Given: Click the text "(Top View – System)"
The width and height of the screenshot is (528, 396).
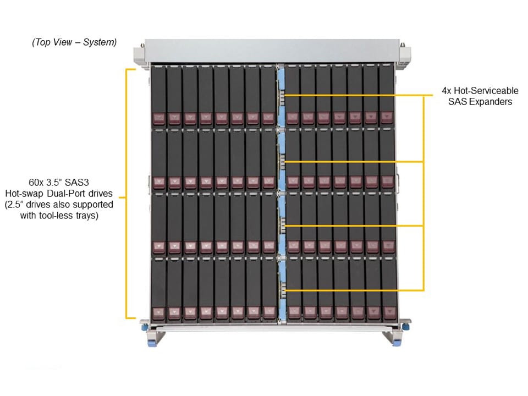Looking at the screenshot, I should pyautogui.click(x=74, y=42).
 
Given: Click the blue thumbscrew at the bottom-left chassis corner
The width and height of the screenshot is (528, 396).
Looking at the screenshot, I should pyautogui.click(x=144, y=327).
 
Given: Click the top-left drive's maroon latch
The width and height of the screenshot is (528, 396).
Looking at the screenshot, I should pyautogui.click(x=158, y=118).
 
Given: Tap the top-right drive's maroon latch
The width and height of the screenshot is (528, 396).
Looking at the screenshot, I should pyautogui.click(x=387, y=118).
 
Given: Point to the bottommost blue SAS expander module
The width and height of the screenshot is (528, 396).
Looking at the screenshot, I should pyautogui.click(x=281, y=289).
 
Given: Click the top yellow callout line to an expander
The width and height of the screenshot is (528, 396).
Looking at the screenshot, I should pyautogui.click(x=352, y=96).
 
